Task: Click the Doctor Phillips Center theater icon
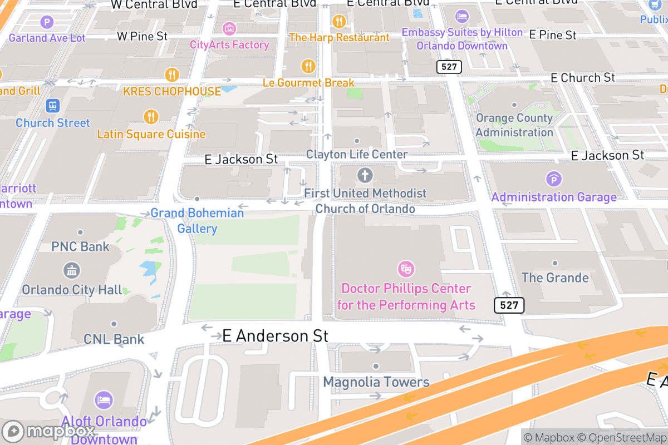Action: [x=406, y=270]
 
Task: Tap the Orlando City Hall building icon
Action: [x=72, y=271]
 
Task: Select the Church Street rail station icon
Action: [x=53, y=105]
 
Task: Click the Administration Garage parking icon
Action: [x=554, y=179]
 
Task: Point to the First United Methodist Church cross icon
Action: [x=365, y=176]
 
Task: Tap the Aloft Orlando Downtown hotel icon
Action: [x=104, y=399]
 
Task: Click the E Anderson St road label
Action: [x=275, y=336]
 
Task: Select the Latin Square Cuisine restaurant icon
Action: [x=151, y=117]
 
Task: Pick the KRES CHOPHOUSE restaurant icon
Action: [x=172, y=74]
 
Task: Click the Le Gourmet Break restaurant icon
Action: [x=308, y=66]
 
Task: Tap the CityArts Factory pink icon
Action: [x=229, y=28]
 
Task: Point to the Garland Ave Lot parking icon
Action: [x=47, y=23]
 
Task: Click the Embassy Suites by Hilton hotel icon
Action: [x=462, y=16]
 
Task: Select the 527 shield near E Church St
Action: [x=449, y=67]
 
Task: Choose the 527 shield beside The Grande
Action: [x=509, y=305]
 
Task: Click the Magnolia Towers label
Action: [x=376, y=382]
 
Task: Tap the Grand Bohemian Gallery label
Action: [x=197, y=221]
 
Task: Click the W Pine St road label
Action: [x=142, y=36]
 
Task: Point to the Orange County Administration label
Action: [x=514, y=125]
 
